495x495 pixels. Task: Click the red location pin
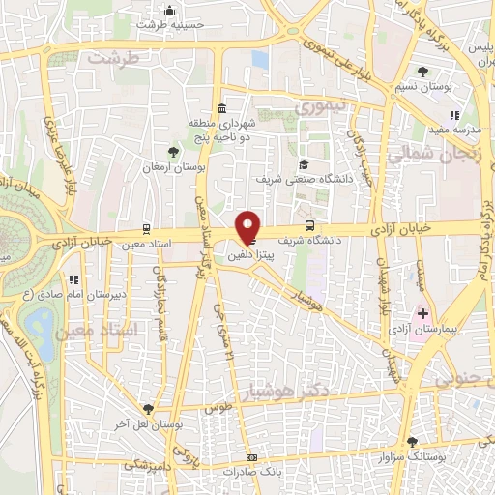(248, 225)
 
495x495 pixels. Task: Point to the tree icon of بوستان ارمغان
(174, 151)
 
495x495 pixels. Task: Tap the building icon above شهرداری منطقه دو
(222, 106)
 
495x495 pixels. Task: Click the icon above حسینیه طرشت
(170, 11)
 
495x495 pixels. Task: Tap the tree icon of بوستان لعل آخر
(147, 409)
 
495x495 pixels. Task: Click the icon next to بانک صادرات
(253, 456)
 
